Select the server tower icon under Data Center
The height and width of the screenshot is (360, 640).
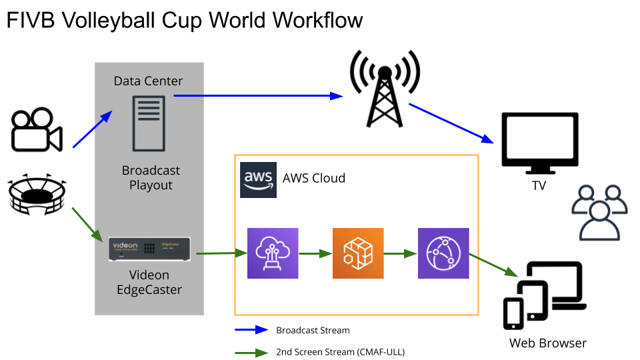(x=148, y=123)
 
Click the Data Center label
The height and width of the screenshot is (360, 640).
(x=148, y=81)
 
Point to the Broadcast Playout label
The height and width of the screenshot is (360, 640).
(x=151, y=177)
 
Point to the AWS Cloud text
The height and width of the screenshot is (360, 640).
(x=314, y=178)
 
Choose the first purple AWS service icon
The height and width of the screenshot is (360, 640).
(x=273, y=253)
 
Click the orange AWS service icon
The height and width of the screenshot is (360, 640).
(x=358, y=253)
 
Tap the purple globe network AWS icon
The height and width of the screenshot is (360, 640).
(x=443, y=253)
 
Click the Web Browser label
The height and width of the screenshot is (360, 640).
(x=548, y=343)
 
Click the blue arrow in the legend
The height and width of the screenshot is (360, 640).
(x=251, y=330)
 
